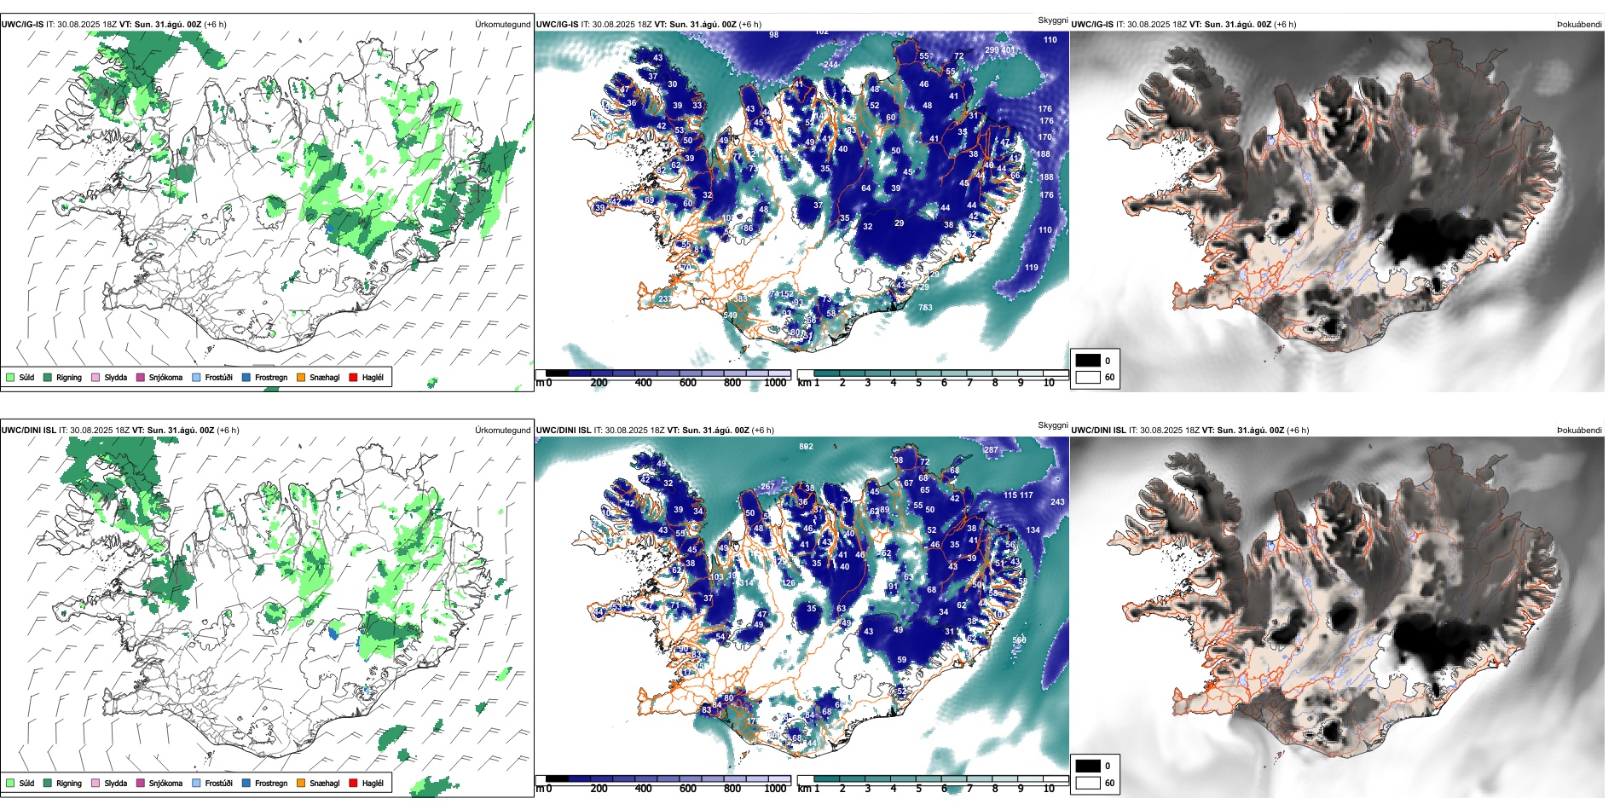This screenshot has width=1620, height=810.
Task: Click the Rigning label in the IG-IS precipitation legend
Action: [x=69, y=378]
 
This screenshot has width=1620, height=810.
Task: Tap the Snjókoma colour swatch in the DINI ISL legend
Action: [x=141, y=784]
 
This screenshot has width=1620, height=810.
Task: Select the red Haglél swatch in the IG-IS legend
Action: [x=353, y=378]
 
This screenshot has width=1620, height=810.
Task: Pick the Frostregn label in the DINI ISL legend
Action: [x=270, y=784]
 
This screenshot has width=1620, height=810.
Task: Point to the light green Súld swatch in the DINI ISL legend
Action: [x=10, y=784]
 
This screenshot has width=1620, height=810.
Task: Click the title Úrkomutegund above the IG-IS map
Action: [x=502, y=25]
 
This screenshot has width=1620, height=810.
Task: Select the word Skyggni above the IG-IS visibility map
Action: [x=1052, y=20]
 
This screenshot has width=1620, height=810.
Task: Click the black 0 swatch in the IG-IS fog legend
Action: [x=1088, y=361]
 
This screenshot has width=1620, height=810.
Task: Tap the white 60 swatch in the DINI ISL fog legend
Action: [x=1088, y=783]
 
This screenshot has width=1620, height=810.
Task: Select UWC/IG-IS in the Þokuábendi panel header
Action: [x=1091, y=25]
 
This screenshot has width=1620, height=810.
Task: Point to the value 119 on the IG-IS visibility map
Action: [x=1032, y=268]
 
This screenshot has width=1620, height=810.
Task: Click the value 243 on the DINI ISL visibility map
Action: [x=1057, y=502]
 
